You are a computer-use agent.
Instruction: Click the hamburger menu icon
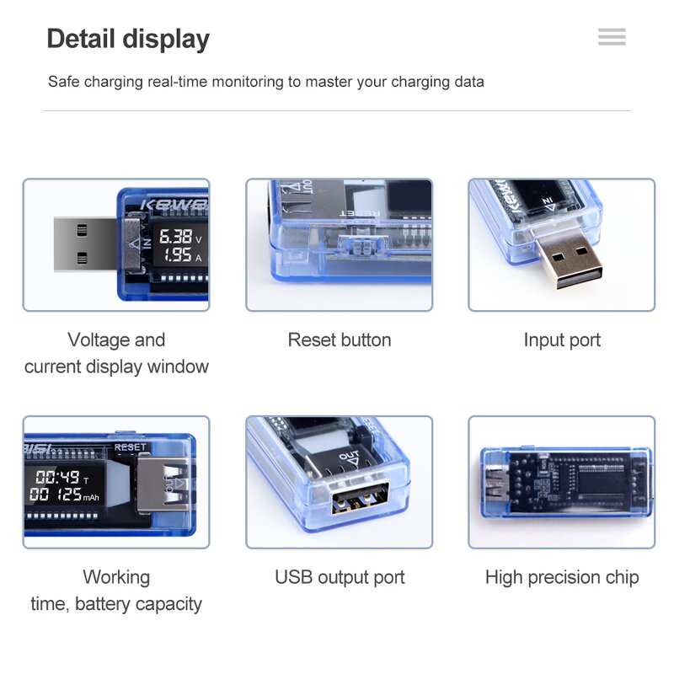[x=612, y=37]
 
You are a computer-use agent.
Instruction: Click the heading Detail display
[x=128, y=39]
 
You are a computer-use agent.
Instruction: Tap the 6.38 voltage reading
[x=176, y=237]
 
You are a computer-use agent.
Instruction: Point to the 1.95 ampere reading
[x=176, y=255]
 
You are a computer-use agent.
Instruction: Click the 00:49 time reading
[x=57, y=478]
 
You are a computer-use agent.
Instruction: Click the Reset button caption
[x=340, y=340]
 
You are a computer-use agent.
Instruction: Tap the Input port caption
[x=562, y=340]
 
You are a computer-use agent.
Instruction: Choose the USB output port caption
[x=340, y=578]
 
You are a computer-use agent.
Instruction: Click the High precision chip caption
[x=562, y=578]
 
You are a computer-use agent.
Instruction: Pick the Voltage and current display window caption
[x=116, y=353]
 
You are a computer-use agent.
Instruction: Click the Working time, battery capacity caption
[x=116, y=591]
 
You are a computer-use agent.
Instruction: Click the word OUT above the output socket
[x=349, y=457]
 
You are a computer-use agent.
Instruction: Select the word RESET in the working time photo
[x=130, y=447]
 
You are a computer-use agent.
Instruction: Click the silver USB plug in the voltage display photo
[x=84, y=244]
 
